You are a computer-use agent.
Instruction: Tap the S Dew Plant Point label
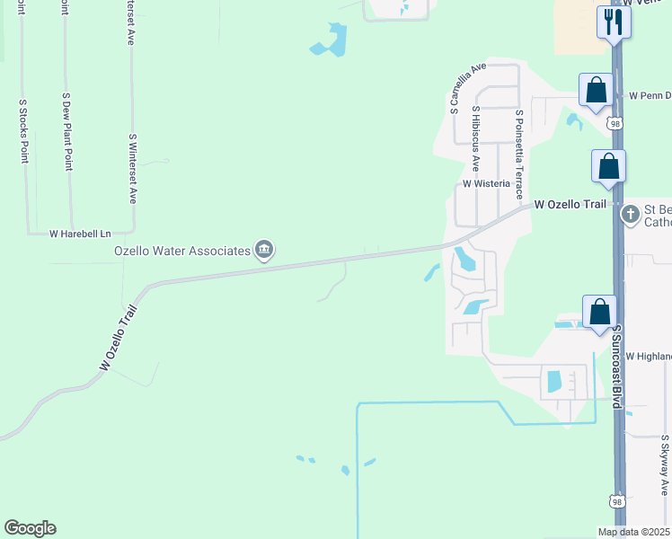pos(67,130)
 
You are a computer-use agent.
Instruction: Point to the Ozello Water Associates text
pos(181,251)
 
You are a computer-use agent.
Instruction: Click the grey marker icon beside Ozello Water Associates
pos(263,250)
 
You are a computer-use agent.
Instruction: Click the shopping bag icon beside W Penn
pos(596,90)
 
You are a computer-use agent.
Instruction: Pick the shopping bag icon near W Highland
pos(600,312)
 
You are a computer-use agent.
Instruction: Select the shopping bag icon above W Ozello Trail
pos(608,166)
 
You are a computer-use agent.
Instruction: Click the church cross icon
pos(631,214)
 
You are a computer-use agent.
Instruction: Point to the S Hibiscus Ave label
pos(476,138)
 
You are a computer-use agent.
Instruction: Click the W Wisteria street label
pos(486,183)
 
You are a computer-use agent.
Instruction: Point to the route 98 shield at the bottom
pos(615,501)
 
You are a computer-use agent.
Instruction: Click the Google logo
pos(30,528)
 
